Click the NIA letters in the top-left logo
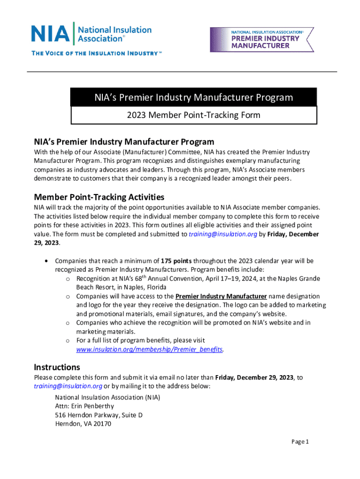(x=50, y=33)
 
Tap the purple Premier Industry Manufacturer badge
(x=262, y=39)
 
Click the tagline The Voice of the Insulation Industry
(x=96, y=53)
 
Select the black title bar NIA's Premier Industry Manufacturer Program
(x=194, y=98)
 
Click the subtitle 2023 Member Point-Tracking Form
(x=194, y=115)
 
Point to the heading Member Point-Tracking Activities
(x=99, y=197)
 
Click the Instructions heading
(x=57, y=367)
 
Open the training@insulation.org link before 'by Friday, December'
(x=223, y=234)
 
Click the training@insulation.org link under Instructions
(x=68, y=386)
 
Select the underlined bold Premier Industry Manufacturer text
(x=221, y=296)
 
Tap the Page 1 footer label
(x=300, y=442)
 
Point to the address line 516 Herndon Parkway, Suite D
(x=99, y=415)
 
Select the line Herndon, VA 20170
(x=83, y=424)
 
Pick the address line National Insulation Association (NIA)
(x=107, y=397)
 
